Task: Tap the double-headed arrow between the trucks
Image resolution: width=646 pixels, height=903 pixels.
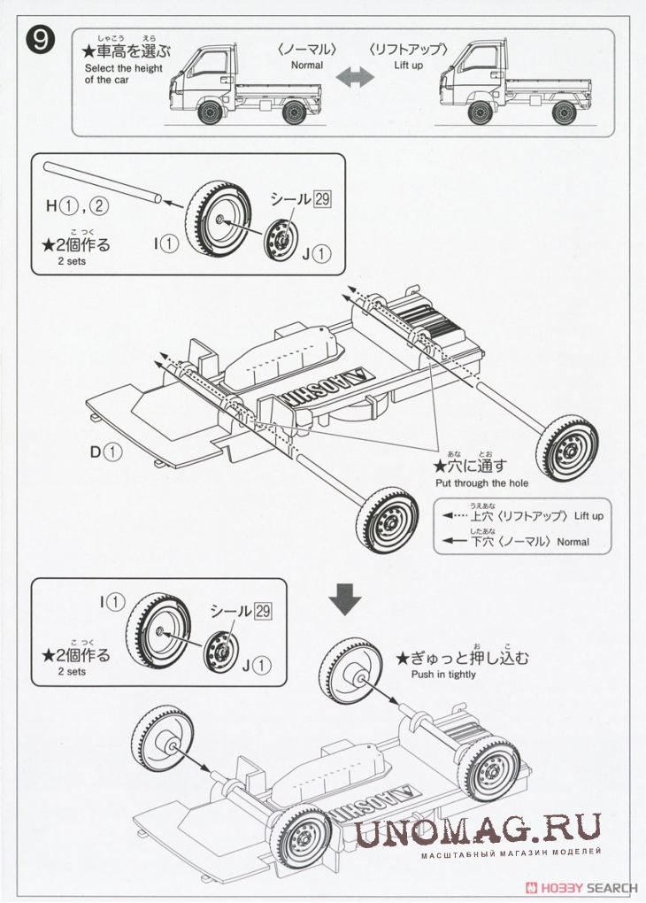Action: (355, 78)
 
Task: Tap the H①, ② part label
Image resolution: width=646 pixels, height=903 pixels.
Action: (77, 206)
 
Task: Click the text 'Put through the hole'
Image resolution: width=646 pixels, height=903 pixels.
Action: (481, 483)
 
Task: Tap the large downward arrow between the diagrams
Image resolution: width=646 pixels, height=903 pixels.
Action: (344, 600)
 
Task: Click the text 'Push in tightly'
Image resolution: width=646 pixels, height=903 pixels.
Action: (443, 675)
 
